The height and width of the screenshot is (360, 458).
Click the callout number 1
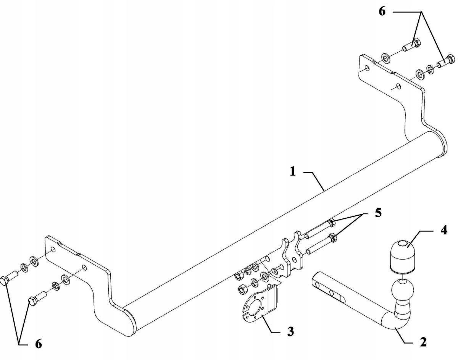[293, 171]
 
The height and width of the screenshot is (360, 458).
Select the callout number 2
[423, 342]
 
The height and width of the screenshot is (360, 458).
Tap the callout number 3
[290, 332]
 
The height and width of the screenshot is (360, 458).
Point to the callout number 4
[443, 230]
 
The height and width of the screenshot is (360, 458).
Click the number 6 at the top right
[382, 11]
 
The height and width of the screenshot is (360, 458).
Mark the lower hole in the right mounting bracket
[398, 86]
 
